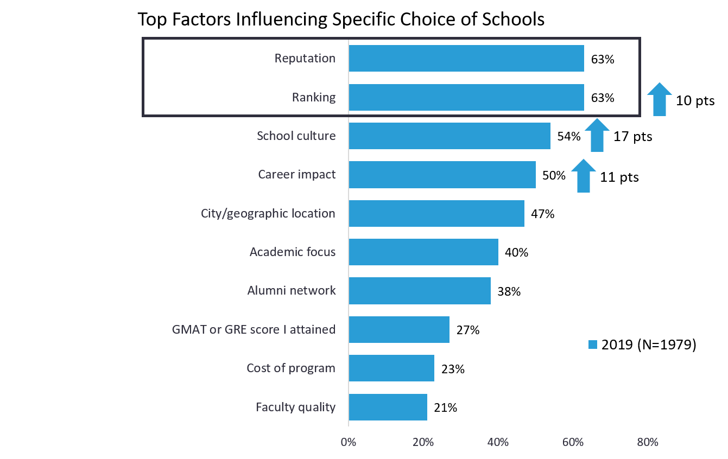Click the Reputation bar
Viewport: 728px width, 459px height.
click(x=466, y=59)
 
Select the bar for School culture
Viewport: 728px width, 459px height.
click(x=449, y=136)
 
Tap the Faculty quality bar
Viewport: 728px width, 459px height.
click(x=388, y=407)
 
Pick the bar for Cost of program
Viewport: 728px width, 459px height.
click(x=391, y=368)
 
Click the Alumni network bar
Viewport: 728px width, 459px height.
click(x=419, y=291)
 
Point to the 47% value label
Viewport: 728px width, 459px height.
click(x=543, y=214)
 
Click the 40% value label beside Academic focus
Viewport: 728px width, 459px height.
click(x=516, y=252)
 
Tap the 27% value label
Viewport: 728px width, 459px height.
click(x=468, y=330)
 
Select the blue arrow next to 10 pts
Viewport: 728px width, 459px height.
click(x=659, y=99)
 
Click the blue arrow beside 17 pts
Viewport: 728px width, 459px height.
click(x=597, y=135)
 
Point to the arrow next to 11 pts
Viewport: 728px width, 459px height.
click(x=583, y=175)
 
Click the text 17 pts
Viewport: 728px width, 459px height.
click(x=632, y=137)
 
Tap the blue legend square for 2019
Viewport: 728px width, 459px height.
click(x=593, y=345)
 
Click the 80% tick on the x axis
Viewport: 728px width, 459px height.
click(x=648, y=442)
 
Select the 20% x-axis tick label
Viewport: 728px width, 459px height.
click(x=423, y=442)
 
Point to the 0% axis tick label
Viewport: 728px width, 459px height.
click(x=348, y=442)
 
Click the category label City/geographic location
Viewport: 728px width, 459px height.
click(x=268, y=214)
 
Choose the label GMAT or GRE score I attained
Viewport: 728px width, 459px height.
click(x=254, y=329)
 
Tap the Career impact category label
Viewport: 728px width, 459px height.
click(x=297, y=175)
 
